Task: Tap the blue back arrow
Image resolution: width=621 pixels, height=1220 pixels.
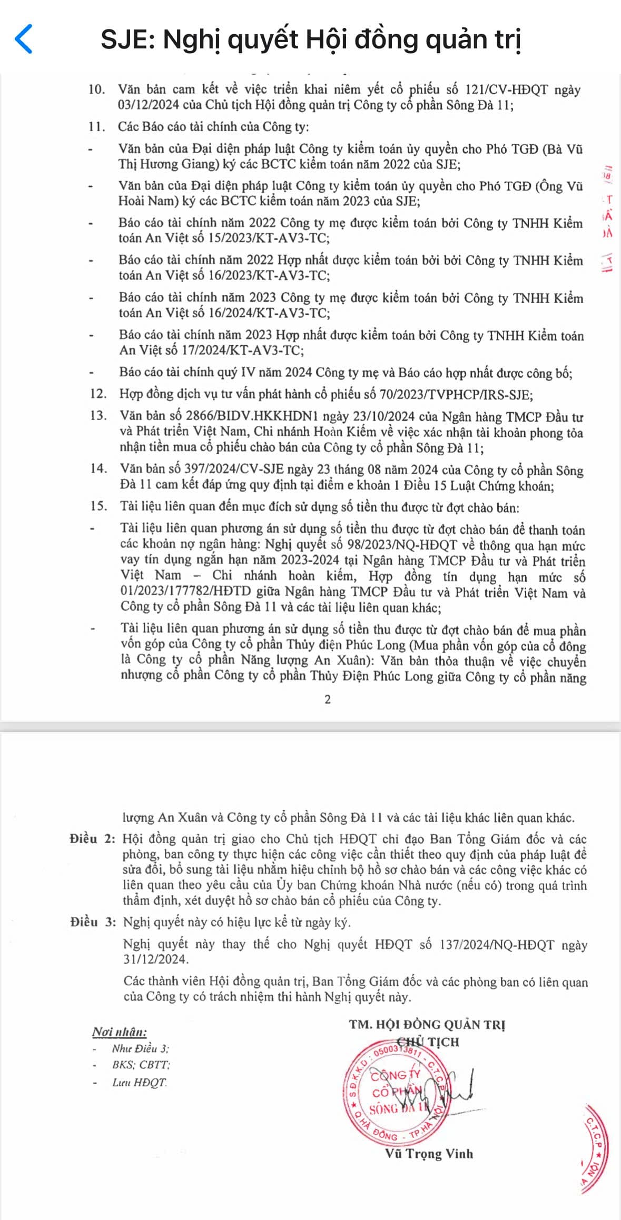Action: pyautogui.click(x=24, y=39)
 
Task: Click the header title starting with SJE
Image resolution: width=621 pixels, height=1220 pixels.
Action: pyautogui.click(x=311, y=39)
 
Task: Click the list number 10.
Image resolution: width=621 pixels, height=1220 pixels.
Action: pyautogui.click(x=97, y=89)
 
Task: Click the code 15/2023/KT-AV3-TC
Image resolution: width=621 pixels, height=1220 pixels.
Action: pyautogui.click(x=263, y=238)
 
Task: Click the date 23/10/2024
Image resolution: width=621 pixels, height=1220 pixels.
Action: pyautogui.click(x=386, y=417)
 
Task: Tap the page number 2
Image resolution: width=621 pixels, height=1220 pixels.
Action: pyautogui.click(x=328, y=699)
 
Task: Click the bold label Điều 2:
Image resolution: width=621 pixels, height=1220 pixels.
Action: pyautogui.click(x=92, y=839)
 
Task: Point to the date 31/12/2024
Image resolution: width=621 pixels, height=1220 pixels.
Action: pyautogui.click(x=155, y=959)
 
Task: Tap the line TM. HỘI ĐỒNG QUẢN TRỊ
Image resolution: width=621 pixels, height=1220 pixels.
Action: pyautogui.click(x=427, y=1024)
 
